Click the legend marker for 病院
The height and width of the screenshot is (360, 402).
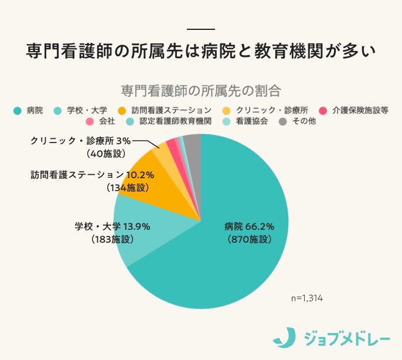17,110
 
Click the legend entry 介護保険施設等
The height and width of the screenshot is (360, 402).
360,110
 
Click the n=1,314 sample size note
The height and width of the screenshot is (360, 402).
306,298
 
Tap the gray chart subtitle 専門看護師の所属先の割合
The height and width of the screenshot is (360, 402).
201,91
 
